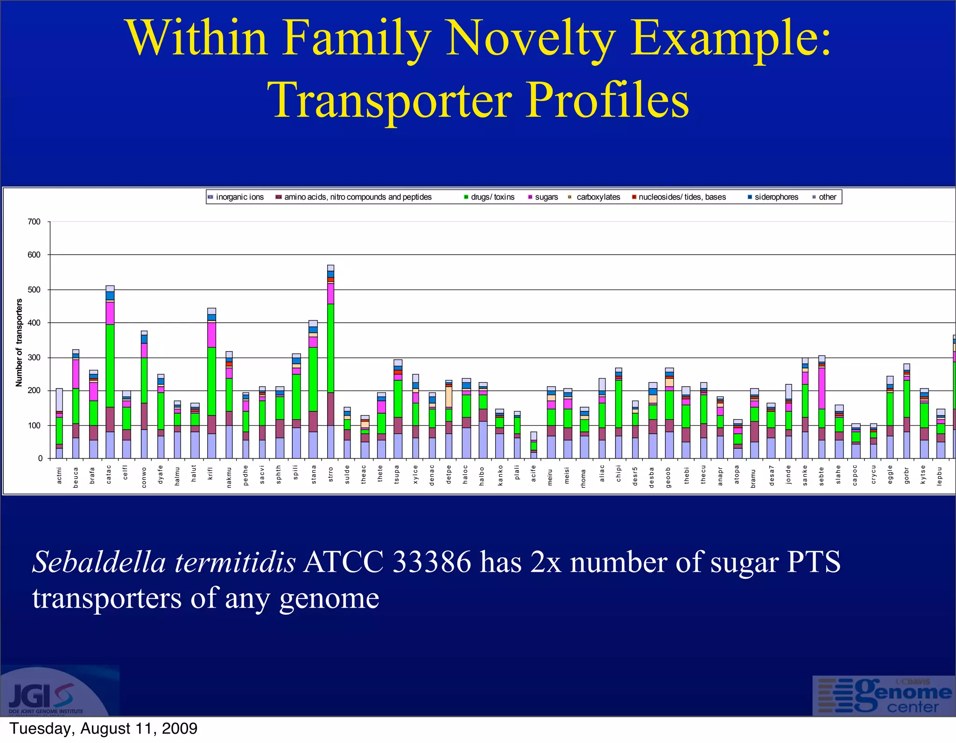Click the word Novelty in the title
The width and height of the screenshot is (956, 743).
click(530, 38)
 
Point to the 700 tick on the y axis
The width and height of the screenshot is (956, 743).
click(34, 222)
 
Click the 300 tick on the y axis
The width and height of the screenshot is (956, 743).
click(34, 358)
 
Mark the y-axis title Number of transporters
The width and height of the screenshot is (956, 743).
click(19, 343)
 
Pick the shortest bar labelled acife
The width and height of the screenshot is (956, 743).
click(534, 445)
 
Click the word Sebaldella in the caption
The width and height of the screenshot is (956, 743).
click(99, 562)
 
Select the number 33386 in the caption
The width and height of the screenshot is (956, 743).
click(432, 562)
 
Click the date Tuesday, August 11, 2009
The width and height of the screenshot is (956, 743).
click(103, 729)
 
